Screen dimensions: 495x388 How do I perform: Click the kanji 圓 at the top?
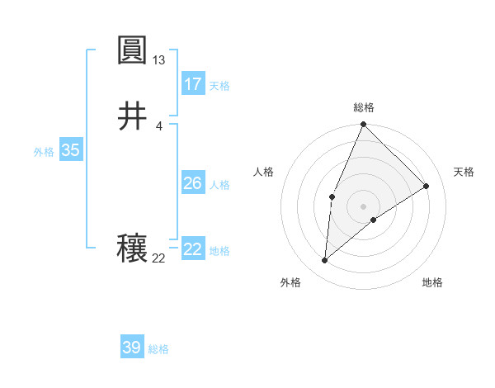pos(132,52)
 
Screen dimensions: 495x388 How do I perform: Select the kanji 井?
pos(132,116)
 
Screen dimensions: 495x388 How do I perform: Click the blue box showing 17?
pos(193,84)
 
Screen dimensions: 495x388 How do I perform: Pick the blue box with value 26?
pos(193,183)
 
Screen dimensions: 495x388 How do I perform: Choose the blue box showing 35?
pos(71,150)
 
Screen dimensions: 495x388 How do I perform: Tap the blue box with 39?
pos(132,348)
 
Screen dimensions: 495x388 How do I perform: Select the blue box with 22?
pos(193,249)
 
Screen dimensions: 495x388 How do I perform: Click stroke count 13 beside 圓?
pos(159,60)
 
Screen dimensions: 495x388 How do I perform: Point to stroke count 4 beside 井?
pos(159,125)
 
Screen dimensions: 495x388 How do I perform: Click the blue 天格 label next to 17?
pos(219,86)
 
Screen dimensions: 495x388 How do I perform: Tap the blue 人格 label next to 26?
pos(219,185)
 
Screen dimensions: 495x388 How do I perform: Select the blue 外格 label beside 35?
pos(44,152)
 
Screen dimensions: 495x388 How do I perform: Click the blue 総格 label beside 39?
pos(158,349)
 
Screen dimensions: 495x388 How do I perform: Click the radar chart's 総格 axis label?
pos(364,107)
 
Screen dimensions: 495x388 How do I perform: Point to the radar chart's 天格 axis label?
pos(464,172)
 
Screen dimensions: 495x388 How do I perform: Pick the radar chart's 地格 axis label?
pos(432,282)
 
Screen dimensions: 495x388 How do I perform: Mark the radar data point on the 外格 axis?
pos(325,261)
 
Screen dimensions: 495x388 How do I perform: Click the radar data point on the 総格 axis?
pos(364,125)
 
